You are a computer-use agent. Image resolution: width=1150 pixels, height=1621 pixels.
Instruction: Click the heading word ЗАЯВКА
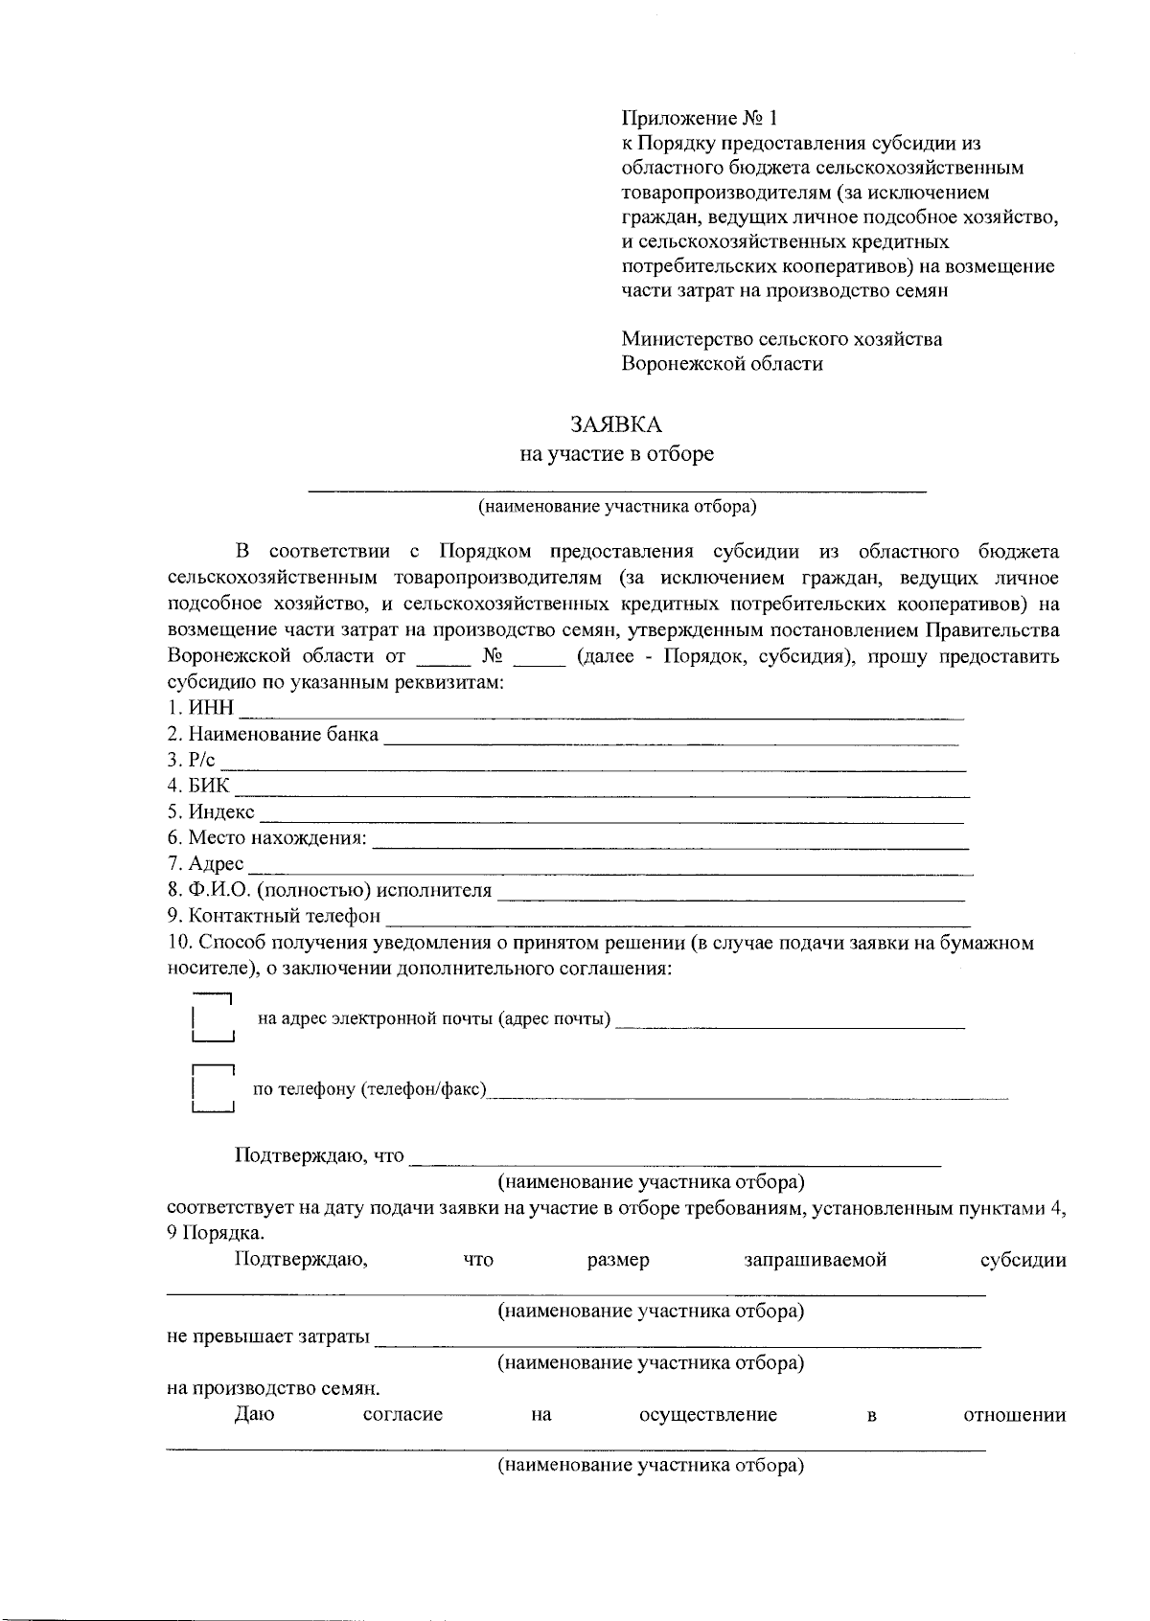coord(616,424)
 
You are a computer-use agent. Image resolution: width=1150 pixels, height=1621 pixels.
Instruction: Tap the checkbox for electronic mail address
coord(214,1018)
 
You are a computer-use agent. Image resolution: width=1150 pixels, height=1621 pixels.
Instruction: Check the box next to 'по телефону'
coord(214,1089)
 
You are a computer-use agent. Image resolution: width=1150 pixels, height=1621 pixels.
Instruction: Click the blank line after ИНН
coord(600,713)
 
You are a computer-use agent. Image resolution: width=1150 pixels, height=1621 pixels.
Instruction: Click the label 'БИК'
coord(210,787)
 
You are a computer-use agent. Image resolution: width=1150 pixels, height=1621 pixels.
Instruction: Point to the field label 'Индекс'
coord(221,812)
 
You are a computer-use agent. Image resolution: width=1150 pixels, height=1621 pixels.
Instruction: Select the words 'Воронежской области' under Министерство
coord(722,364)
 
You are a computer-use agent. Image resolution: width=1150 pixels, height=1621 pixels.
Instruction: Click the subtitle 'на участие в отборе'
coord(616,454)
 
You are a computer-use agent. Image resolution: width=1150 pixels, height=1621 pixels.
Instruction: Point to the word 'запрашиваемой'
coord(815,1260)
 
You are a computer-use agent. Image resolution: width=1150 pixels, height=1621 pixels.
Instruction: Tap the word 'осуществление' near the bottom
coord(707,1415)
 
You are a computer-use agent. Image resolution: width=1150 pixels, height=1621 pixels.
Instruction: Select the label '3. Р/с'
coord(192,761)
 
